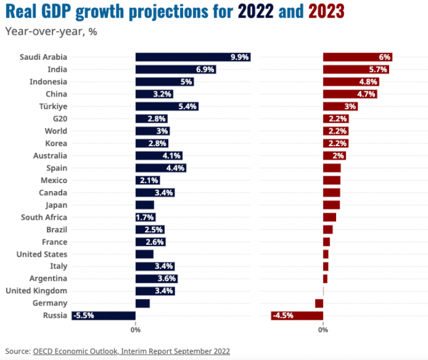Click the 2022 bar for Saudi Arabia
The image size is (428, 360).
(192, 57)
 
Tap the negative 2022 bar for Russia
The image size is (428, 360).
(103, 315)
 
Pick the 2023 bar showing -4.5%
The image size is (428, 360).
(297, 315)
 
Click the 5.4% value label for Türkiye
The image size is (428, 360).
(188, 107)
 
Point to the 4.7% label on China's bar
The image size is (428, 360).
(366, 94)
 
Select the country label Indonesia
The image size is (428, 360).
(48, 82)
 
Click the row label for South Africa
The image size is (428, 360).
(44, 217)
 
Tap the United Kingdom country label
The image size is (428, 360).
(36, 291)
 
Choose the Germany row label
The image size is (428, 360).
(50, 304)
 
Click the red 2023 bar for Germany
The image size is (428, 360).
(319, 304)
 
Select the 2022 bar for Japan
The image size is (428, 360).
(144, 205)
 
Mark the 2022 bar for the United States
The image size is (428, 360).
(144, 254)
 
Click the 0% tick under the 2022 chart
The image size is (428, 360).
(135, 330)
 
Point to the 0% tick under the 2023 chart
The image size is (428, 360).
(323, 330)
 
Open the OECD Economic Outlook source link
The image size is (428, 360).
(131, 351)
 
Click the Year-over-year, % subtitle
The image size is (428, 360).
(51, 31)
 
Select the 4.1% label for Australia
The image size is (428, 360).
(172, 156)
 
